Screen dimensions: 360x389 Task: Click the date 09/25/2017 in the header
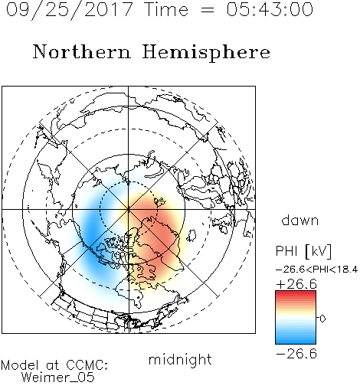(x=69, y=10)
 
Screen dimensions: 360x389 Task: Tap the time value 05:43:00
(x=270, y=9)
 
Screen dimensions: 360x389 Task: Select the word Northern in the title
(x=82, y=51)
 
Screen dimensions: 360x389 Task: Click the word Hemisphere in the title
(x=206, y=53)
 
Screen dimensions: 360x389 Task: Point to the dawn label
(x=300, y=221)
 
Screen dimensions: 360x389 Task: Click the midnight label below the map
(x=180, y=360)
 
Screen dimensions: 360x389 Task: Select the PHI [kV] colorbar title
(x=303, y=251)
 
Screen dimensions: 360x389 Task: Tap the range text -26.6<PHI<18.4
(x=316, y=270)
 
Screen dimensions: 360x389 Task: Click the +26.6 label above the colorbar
(x=296, y=284)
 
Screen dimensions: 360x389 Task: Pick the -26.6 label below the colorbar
(x=296, y=354)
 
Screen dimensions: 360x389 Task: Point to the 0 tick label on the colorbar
(x=322, y=319)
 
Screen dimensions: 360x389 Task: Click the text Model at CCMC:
(x=54, y=365)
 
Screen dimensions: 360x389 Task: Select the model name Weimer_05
(x=57, y=378)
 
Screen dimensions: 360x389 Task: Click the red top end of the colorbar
(x=296, y=293)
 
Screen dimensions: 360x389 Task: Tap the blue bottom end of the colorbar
(x=296, y=341)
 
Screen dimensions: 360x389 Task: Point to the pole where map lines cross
(x=129, y=209)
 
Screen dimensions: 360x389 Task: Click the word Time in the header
(x=166, y=9)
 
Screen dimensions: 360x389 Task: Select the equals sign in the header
(x=208, y=11)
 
